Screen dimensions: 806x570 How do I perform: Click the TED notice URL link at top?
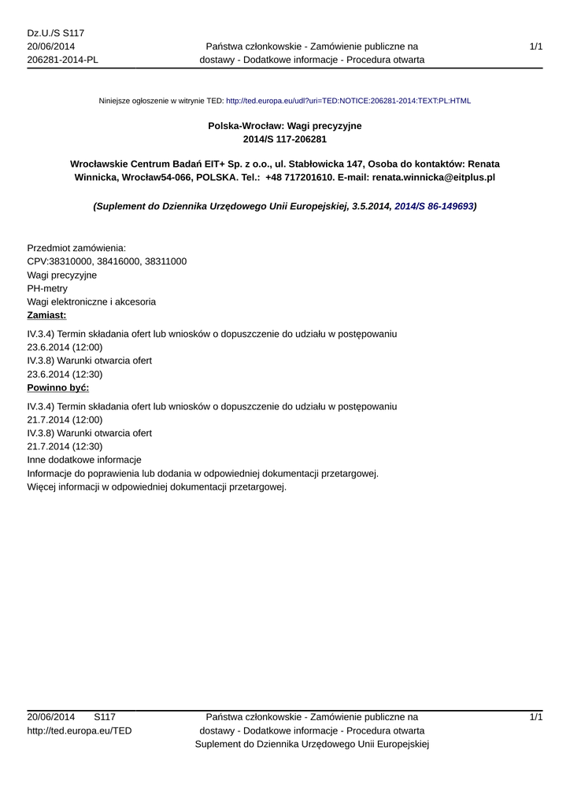coord(348,102)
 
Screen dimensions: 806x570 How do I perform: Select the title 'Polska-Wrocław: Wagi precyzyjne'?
coord(285,125)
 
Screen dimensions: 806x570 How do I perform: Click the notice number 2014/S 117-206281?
coord(285,139)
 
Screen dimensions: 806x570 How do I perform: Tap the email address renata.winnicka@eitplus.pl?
coord(433,178)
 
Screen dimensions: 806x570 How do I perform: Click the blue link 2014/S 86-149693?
coord(434,206)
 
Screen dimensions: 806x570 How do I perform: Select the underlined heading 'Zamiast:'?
coord(46,316)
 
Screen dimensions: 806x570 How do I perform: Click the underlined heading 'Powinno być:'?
coord(57,388)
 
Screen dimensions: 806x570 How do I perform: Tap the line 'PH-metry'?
coord(47,289)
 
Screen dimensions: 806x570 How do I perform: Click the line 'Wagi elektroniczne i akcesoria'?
coord(91,302)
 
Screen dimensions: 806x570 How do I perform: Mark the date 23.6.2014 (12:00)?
coord(65,347)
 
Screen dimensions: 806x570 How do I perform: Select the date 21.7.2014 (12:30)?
coord(65,446)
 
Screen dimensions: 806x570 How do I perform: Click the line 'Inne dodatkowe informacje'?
coord(84,460)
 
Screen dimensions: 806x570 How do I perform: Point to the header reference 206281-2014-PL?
coord(63,60)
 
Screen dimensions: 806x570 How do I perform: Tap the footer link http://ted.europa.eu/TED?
coord(80,731)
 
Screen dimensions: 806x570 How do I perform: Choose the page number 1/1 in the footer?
coord(535,717)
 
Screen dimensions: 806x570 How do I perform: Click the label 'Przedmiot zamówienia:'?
coord(76,248)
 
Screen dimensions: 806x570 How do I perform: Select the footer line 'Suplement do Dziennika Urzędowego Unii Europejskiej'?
coord(311,745)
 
